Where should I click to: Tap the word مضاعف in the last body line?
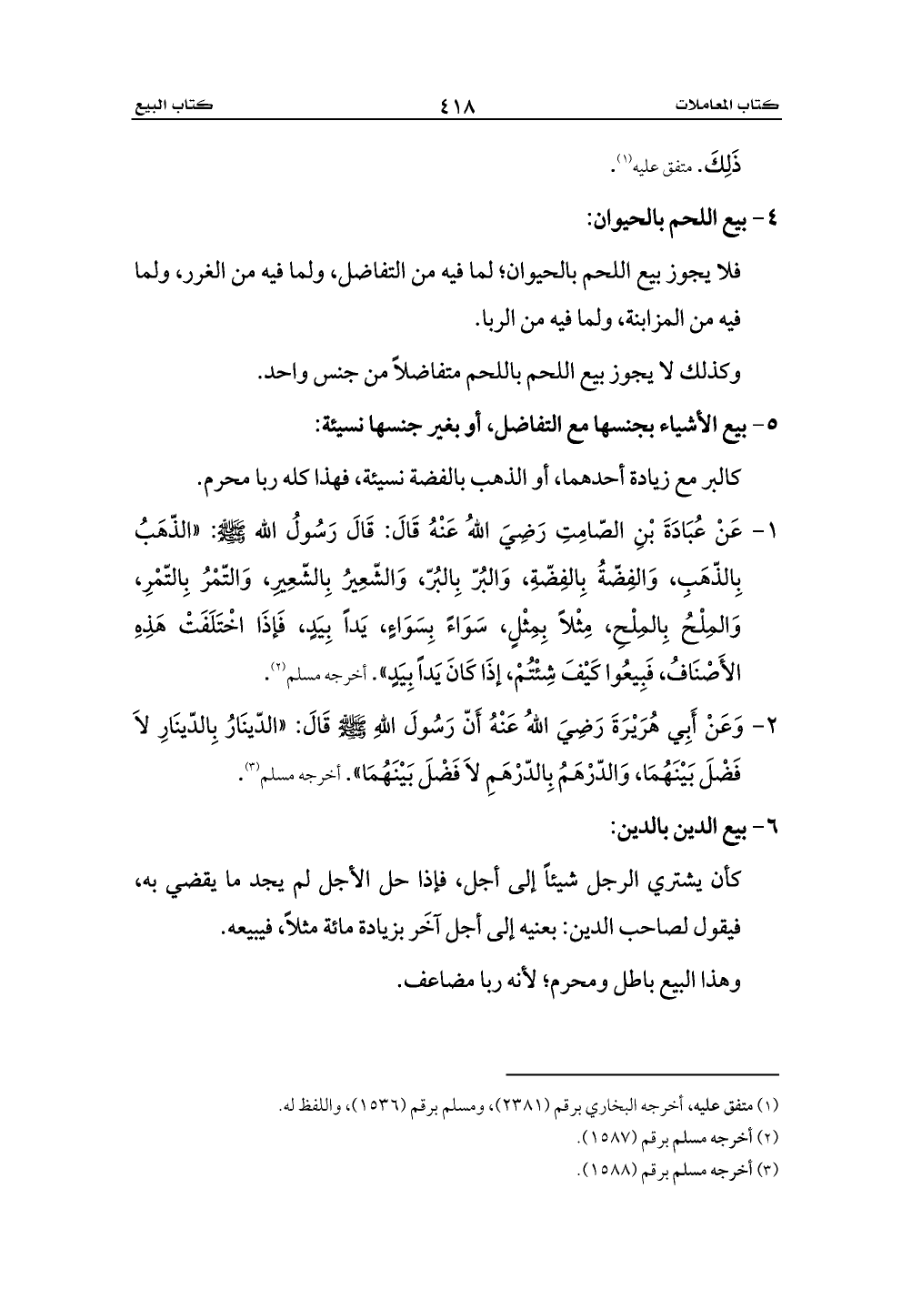click(440, 984)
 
